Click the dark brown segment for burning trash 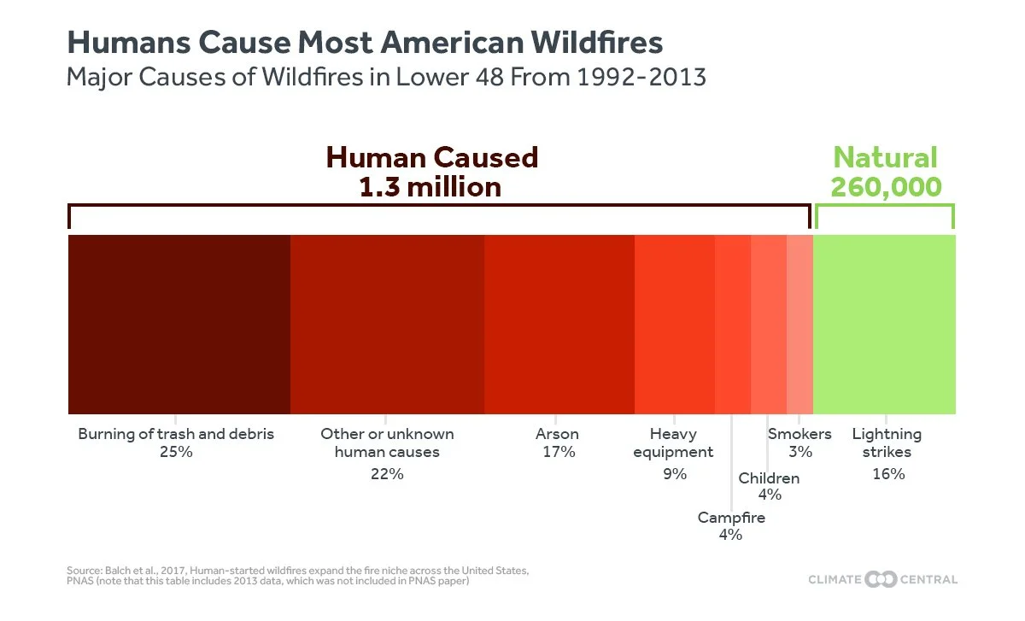179,325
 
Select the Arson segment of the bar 559,325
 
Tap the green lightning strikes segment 884,325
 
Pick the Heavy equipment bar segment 675,325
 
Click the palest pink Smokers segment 799,325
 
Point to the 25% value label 176,452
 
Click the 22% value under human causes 387,474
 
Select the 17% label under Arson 559,452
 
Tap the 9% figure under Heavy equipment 675,474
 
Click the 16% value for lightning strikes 888,474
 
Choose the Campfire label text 731,518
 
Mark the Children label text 769,478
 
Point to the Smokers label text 799,434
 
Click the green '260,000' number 886,187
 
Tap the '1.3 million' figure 430,187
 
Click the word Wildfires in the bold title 597,43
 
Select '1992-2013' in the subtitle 641,77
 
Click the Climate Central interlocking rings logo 881,579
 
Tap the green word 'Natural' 886,157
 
